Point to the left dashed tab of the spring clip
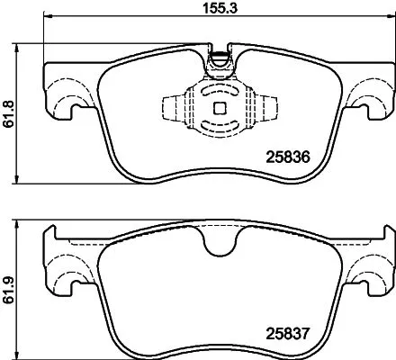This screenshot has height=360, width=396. (174, 107)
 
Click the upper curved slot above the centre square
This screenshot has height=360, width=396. (216, 93)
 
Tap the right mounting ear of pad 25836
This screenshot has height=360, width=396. (370, 100)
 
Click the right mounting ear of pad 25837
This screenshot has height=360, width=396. (370, 271)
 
